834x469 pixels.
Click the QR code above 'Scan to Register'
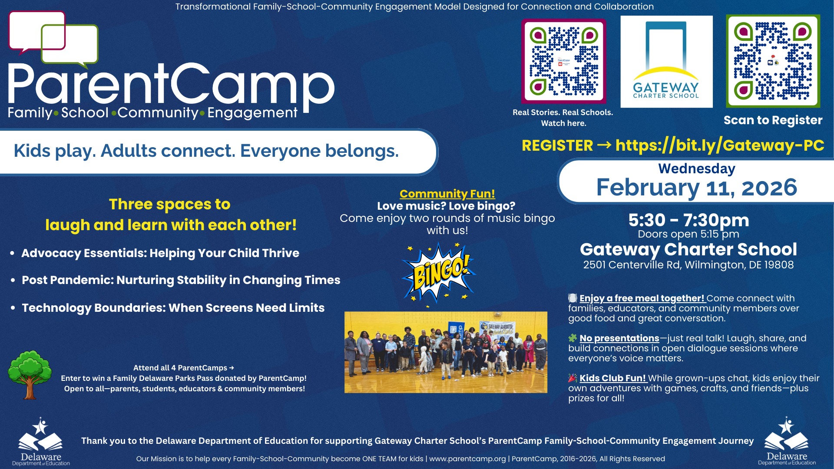[773, 61]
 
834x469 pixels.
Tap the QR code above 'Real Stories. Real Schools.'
[564, 61]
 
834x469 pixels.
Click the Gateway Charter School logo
[666, 62]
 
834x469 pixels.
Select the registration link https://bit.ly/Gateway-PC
[720, 145]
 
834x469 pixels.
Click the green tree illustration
[30, 375]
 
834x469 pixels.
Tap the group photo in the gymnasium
[446, 352]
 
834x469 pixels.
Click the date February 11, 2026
[697, 188]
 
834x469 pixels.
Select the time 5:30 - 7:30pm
[689, 220]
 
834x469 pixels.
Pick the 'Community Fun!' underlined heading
[447, 194]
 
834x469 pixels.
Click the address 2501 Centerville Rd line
[688, 265]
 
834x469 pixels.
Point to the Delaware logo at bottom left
[41, 442]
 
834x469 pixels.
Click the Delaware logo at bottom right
[787, 441]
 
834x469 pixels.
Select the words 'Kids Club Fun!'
[613, 378]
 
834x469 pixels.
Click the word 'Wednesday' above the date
[697, 168]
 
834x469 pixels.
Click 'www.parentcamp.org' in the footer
[467, 459]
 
